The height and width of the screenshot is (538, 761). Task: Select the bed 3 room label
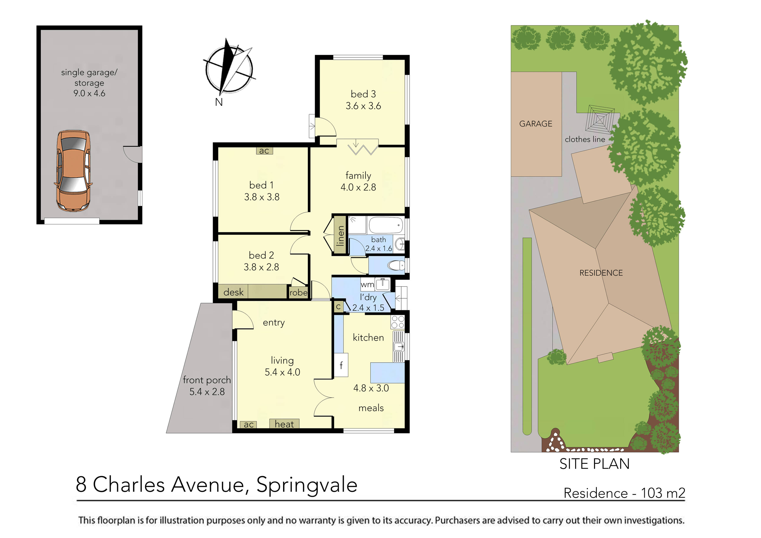pyautogui.click(x=363, y=94)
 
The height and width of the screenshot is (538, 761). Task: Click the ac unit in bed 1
pyautogui.click(x=264, y=151)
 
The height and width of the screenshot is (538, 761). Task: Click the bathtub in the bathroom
pyautogui.click(x=386, y=225)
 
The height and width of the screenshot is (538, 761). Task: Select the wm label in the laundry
pyautogui.click(x=367, y=284)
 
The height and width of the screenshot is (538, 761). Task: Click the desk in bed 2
pyautogui.click(x=233, y=292)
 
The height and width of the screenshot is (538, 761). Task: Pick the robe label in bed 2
pyautogui.click(x=298, y=292)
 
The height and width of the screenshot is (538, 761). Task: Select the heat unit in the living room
pyautogui.click(x=284, y=424)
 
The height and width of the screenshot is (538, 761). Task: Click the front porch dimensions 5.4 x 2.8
pyautogui.click(x=207, y=392)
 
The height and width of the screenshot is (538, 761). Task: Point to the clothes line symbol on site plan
pyautogui.click(x=600, y=119)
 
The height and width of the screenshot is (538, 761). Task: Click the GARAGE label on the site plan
pyautogui.click(x=536, y=124)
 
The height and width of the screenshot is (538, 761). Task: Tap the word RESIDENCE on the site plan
pyautogui.click(x=601, y=273)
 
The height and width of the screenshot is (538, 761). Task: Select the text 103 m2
pyautogui.click(x=663, y=493)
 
